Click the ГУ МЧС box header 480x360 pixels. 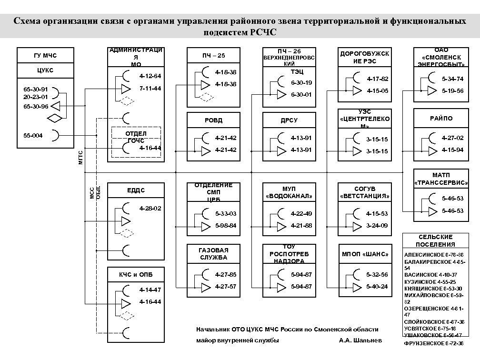[x=45, y=56]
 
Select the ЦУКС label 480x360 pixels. [x=45, y=70]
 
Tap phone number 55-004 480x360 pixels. [x=33, y=136]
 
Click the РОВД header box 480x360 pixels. [x=214, y=120]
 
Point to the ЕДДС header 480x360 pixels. [x=136, y=190]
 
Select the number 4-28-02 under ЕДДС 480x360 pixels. [x=150, y=209]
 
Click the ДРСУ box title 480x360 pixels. [x=289, y=120]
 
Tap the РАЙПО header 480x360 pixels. [x=441, y=118]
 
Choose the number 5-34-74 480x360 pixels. [x=452, y=79]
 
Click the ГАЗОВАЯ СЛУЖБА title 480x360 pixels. [x=214, y=254]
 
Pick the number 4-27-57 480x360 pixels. [x=226, y=287]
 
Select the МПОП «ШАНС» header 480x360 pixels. [x=365, y=253]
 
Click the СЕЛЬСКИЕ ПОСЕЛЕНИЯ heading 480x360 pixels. [x=435, y=240]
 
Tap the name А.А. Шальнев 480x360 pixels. [x=360, y=341]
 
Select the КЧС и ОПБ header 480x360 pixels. [x=136, y=275]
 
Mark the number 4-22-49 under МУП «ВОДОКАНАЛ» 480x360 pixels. [x=301, y=213]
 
